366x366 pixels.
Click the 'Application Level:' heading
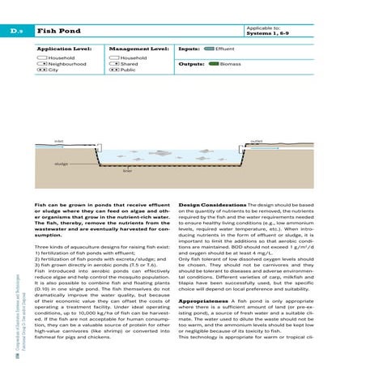pyautogui.click(x=62, y=49)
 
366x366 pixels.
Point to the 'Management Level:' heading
pyautogui.click(x=137, y=49)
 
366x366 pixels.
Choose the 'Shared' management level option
pyautogui.click(x=128, y=64)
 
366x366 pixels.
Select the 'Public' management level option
pyautogui.click(x=127, y=70)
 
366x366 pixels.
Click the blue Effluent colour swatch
pyautogui.click(x=209, y=49)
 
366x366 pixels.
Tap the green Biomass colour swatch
pyautogui.click(x=214, y=62)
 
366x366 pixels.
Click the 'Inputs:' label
pyautogui.click(x=188, y=49)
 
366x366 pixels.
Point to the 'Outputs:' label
pyautogui.click(x=190, y=62)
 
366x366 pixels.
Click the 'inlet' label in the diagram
pyautogui.click(x=36, y=140)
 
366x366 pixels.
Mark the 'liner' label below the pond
pyautogui.click(x=126, y=172)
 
